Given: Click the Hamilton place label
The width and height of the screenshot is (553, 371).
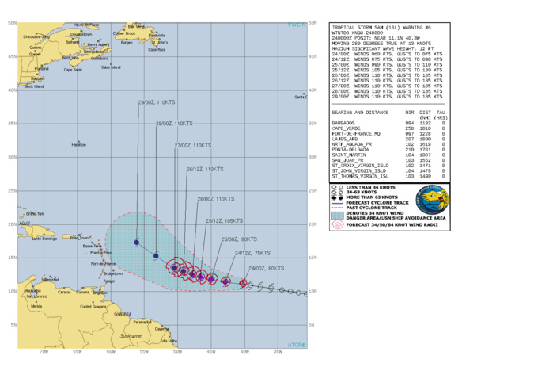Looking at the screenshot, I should tap(78, 144).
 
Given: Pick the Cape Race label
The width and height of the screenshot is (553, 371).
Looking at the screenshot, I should tap(157, 49).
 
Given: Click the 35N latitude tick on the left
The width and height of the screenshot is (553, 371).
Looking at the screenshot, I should tap(12, 124).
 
